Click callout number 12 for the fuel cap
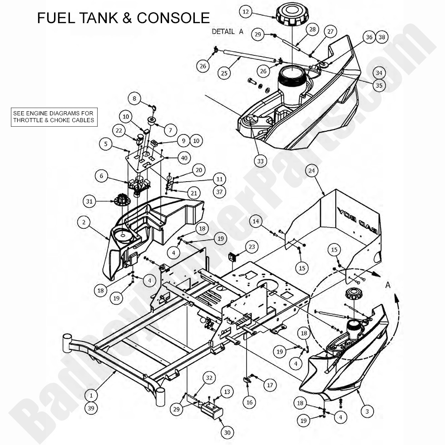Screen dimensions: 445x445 tap(246, 12)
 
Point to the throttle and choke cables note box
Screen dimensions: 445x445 tap(54, 117)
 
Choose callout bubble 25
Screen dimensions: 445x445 tap(224, 73)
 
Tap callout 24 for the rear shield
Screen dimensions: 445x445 tap(312, 171)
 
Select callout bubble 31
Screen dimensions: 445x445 tap(90, 200)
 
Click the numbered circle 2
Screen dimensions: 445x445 tap(84, 222)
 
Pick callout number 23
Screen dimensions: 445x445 tap(251, 247)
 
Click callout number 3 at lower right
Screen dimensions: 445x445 tap(367, 411)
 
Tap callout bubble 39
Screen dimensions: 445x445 tap(91, 408)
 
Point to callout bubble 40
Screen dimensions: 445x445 tap(183, 158)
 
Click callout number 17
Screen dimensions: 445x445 tap(270, 385)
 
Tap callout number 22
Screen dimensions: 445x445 tap(119, 131)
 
